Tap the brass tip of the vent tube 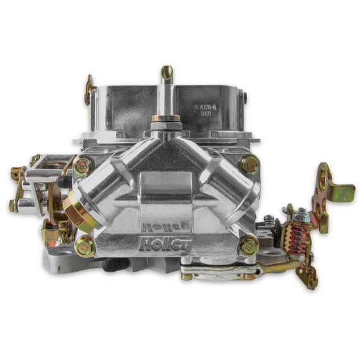click(x=166, y=72)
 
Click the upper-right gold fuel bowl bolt click(x=249, y=165)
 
